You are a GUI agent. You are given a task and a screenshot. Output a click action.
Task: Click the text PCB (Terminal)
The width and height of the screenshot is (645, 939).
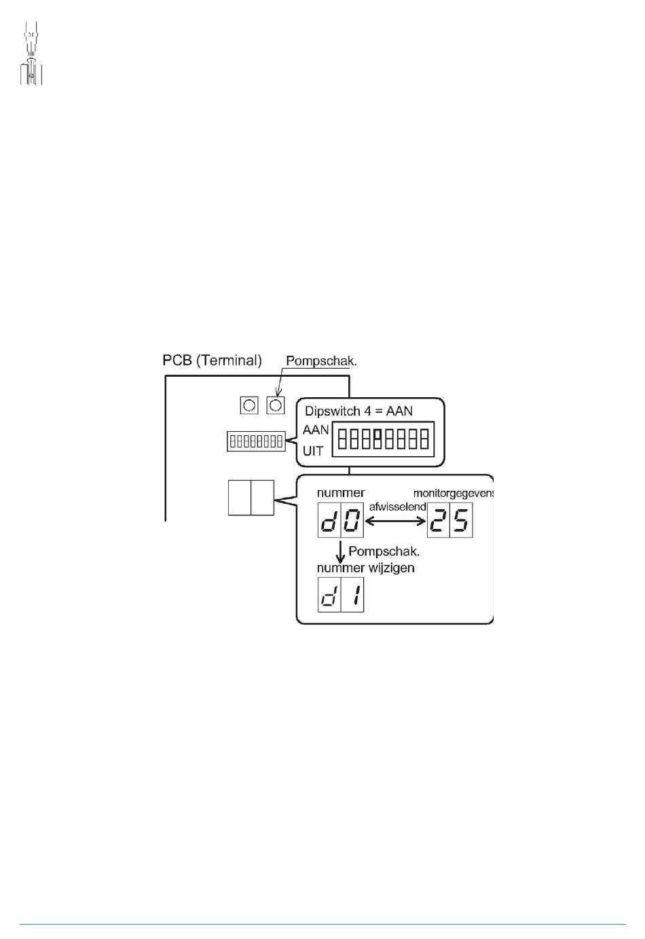coord(212,361)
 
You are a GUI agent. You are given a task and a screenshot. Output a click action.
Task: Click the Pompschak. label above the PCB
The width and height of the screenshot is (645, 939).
coord(321,361)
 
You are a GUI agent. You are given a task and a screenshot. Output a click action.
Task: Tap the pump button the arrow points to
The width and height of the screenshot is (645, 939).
coord(276,405)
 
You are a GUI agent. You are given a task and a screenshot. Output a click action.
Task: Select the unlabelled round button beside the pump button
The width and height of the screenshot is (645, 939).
coord(249,405)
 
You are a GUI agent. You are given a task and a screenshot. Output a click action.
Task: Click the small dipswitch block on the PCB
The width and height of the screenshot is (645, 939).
coord(256,441)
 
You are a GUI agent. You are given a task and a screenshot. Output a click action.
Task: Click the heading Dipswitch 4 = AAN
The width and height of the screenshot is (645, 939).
coord(358,411)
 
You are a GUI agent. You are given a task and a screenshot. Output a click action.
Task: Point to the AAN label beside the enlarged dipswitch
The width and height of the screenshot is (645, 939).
coord(316,430)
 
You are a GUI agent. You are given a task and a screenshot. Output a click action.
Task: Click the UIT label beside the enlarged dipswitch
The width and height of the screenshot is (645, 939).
coord(313,452)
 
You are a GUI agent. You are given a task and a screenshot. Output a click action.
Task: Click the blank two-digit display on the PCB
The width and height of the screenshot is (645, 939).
coord(251,498)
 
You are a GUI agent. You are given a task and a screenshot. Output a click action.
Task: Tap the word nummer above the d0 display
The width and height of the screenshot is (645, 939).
coord(341,492)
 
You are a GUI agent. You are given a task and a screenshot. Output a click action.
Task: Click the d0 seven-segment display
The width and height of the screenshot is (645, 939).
coord(341,520)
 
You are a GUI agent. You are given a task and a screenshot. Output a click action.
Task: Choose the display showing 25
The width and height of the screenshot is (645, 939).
coord(450,520)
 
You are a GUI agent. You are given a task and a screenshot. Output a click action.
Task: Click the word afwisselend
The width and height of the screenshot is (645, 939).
coord(397,507)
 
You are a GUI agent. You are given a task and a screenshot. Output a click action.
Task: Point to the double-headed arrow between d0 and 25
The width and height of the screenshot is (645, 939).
coord(396,521)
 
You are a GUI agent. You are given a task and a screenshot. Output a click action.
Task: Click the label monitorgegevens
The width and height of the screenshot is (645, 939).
coord(454,494)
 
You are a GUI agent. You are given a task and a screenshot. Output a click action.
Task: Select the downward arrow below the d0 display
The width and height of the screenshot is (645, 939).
coord(341,552)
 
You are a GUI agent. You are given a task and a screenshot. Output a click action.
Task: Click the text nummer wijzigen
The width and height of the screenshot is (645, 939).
coord(365,568)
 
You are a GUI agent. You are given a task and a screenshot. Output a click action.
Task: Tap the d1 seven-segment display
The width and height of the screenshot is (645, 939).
coord(341,595)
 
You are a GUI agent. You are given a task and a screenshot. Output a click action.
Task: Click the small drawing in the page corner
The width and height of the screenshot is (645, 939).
coord(31,53)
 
